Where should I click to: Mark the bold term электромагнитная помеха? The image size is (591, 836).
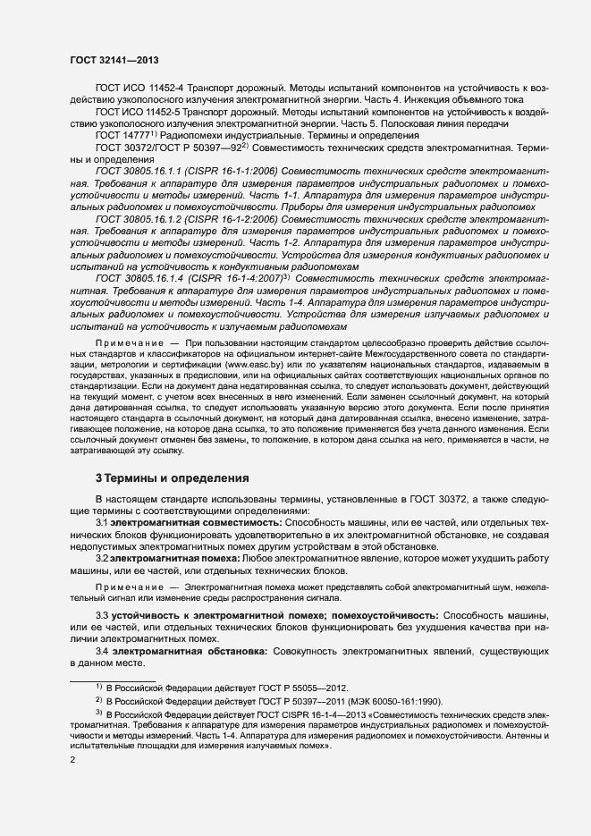point(166,558)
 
